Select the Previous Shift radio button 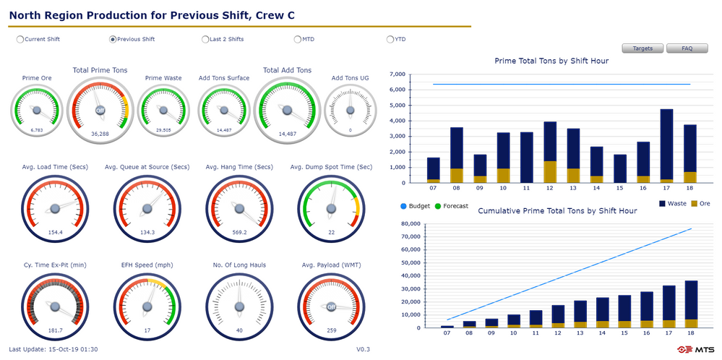click(x=113, y=39)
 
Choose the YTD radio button click(x=390, y=39)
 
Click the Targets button click(x=643, y=48)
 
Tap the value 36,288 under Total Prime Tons click(x=100, y=134)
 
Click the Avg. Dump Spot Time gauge click(x=331, y=209)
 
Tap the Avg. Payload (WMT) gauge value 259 click(x=331, y=330)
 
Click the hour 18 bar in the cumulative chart click(x=691, y=304)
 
